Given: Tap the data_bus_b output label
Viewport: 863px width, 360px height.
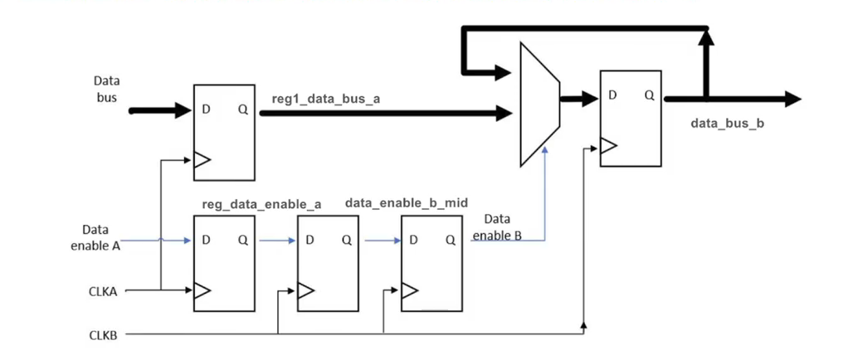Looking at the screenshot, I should click(727, 124).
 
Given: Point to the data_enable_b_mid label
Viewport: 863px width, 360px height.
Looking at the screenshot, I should click(406, 202).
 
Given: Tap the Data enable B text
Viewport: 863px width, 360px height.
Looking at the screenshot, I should click(497, 226).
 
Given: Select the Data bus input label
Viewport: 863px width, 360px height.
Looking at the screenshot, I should click(106, 89).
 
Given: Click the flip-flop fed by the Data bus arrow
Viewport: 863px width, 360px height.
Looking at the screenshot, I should click(224, 133).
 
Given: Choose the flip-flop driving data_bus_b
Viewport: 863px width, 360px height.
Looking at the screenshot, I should click(631, 119).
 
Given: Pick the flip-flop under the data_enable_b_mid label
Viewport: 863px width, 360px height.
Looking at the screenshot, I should click(431, 264).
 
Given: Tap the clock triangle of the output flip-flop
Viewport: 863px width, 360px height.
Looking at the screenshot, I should click(608, 147).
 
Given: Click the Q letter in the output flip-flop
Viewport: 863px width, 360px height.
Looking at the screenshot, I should click(649, 95).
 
